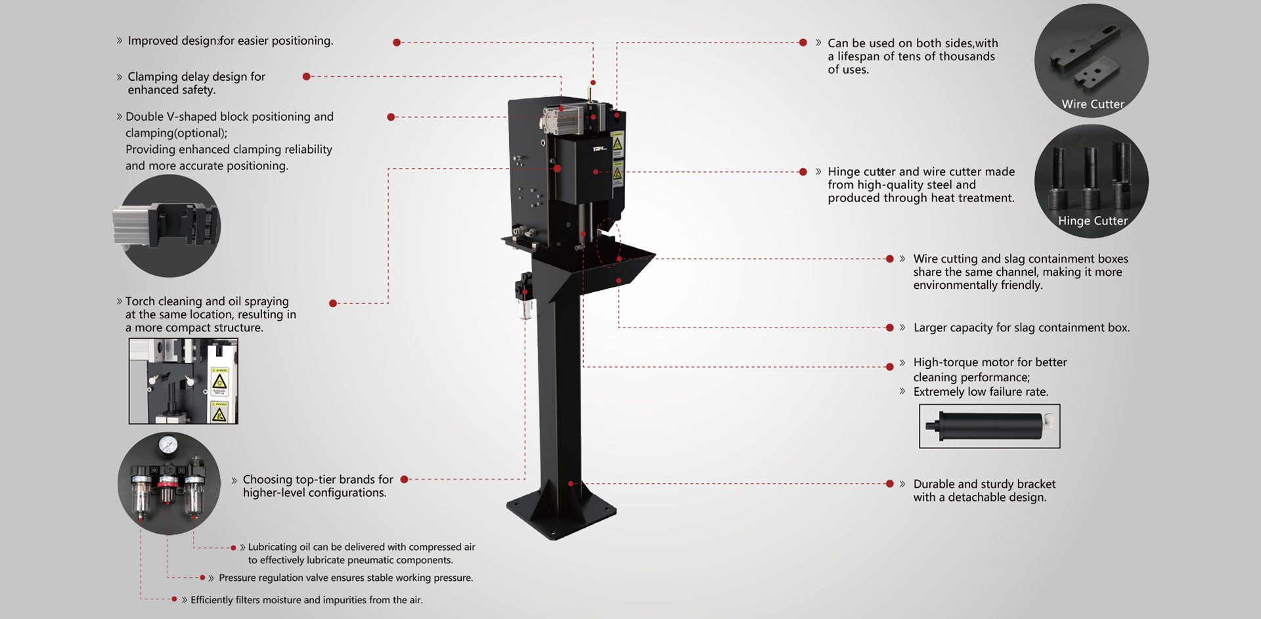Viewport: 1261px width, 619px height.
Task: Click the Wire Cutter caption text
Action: pyautogui.click(x=1093, y=104)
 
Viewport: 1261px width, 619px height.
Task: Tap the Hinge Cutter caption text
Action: pyautogui.click(x=1093, y=221)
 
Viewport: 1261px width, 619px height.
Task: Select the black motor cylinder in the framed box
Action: pyautogui.click(x=990, y=426)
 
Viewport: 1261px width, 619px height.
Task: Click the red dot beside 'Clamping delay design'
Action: pyautogui.click(x=306, y=77)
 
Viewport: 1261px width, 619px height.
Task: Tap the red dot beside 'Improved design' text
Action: pyautogui.click(x=397, y=43)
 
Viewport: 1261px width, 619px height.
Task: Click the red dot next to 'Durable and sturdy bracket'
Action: pyautogui.click(x=890, y=484)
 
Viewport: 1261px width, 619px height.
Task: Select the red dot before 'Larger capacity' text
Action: pyautogui.click(x=890, y=328)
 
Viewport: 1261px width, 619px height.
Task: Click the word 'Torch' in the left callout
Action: pyautogui.click(x=140, y=301)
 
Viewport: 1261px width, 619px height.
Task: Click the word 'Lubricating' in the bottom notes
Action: pyautogui.click(x=273, y=547)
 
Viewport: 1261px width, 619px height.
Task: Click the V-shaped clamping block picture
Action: pyautogui.click(x=168, y=226)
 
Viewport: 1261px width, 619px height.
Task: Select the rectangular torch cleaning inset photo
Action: pyautogui.click(x=183, y=381)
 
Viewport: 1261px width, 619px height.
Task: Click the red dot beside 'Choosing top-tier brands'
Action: pyautogui.click(x=405, y=480)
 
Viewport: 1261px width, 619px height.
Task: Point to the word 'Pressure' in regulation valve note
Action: pyautogui.click(x=237, y=578)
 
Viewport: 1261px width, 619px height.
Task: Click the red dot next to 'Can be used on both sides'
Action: pyautogui.click(x=803, y=43)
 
